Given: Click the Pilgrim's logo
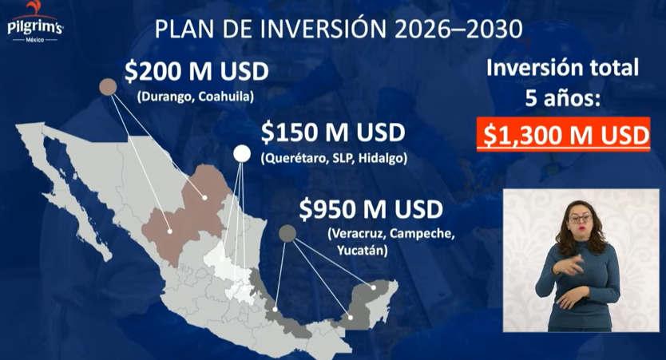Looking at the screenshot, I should pyautogui.click(x=34, y=24).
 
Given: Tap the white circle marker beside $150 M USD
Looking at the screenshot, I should pyautogui.click(x=241, y=154).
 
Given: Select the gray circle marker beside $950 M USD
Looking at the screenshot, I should pyautogui.click(x=287, y=233).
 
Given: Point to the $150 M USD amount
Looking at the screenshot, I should pyautogui.click(x=332, y=132).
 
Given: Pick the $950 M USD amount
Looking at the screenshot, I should pyautogui.click(x=371, y=210).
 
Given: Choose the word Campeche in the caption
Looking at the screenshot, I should pyautogui.click(x=424, y=235).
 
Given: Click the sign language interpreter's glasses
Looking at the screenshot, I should pyautogui.click(x=578, y=218).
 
